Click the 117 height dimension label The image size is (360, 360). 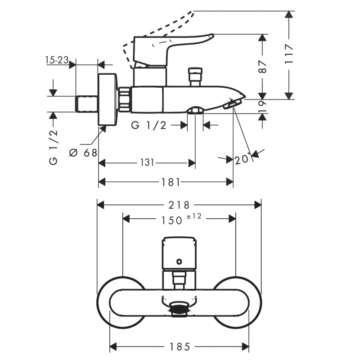289,54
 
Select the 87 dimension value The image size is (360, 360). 263,67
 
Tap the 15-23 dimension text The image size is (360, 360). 57,60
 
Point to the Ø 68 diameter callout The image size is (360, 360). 83,153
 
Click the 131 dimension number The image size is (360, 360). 147,162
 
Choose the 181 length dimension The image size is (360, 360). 170,182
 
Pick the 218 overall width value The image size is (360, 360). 179,205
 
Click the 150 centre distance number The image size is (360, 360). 172,220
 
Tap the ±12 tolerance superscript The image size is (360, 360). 194,216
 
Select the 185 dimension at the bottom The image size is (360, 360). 180,346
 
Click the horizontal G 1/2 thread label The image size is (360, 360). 149,126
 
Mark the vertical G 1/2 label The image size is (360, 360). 53,147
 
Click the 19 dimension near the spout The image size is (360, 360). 263,106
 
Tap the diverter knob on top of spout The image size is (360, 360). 195,76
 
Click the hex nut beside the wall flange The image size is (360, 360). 125,99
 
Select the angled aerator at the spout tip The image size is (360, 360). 232,104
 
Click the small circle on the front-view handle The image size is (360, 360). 179,261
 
